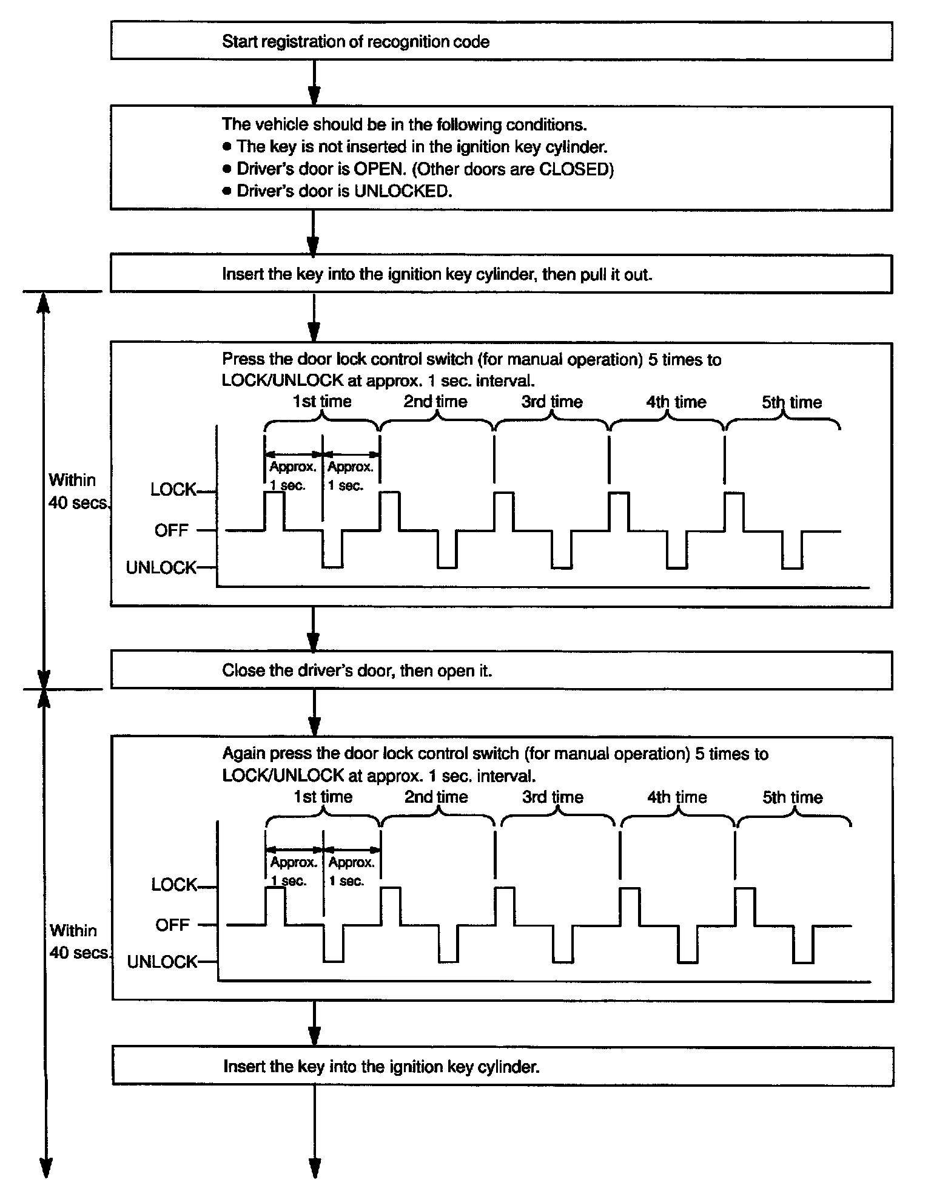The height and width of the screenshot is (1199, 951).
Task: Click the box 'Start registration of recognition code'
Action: [501, 41]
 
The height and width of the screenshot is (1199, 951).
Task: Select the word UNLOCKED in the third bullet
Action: [402, 191]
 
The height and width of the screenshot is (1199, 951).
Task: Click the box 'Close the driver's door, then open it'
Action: [501, 670]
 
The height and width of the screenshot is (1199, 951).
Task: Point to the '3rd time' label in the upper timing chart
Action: [552, 402]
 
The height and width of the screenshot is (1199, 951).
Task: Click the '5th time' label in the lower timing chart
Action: [792, 797]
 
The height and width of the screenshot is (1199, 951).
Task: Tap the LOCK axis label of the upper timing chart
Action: [173, 490]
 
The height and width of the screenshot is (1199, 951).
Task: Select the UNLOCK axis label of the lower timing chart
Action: [162, 962]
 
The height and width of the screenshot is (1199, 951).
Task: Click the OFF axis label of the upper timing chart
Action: [172, 530]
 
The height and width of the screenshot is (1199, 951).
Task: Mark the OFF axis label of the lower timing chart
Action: [172, 925]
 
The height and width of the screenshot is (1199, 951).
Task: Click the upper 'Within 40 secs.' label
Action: [78, 491]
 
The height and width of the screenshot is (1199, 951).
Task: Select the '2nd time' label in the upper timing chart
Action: [435, 402]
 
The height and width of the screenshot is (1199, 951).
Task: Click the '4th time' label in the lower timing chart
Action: [677, 797]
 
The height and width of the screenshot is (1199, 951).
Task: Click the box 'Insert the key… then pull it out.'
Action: [501, 274]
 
